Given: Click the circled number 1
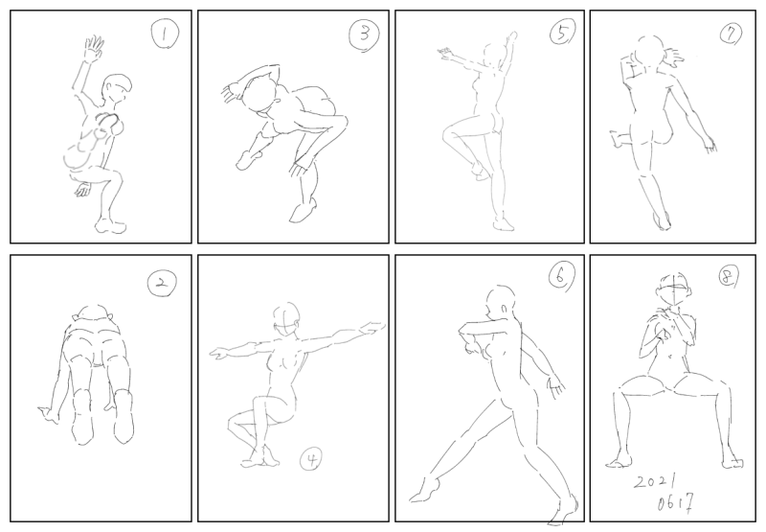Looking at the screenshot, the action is pyautogui.click(x=165, y=35).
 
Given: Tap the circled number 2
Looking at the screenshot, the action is pyautogui.click(x=162, y=284).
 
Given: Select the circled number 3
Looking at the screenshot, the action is pyautogui.click(x=364, y=35).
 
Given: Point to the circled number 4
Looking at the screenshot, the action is pyautogui.click(x=311, y=460).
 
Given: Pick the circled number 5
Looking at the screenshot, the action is pyautogui.click(x=562, y=33).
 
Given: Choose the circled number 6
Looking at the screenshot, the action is pyautogui.click(x=560, y=277).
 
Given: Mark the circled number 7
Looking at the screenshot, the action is pyautogui.click(x=731, y=34).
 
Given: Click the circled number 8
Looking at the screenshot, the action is pyautogui.click(x=728, y=277).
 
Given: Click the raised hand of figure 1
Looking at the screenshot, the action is pyautogui.click(x=93, y=49).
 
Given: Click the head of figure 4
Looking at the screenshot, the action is pyautogui.click(x=285, y=319).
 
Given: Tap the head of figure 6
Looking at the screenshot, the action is pyautogui.click(x=501, y=303).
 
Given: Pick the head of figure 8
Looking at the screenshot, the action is pyautogui.click(x=673, y=289).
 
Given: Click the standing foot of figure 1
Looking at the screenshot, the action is pyautogui.click(x=110, y=225).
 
